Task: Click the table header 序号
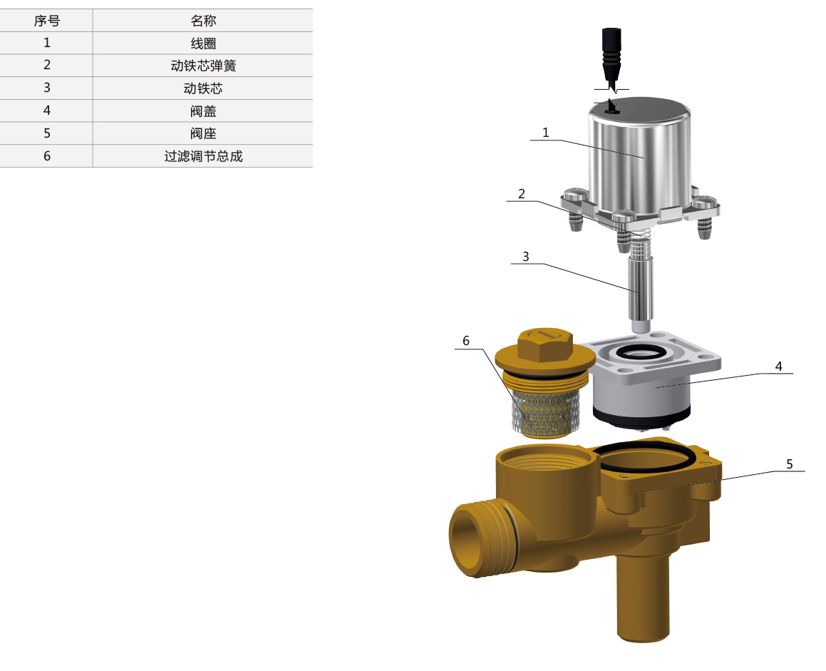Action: tap(47, 21)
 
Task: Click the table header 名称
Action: tap(203, 21)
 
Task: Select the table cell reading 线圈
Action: tap(203, 43)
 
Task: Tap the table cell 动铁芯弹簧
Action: tap(203, 66)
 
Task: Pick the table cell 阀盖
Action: tap(203, 111)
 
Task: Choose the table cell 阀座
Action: tap(203, 133)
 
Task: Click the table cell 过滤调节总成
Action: tap(203, 156)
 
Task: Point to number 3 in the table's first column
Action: tap(47, 88)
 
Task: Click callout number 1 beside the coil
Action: tap(546, 133)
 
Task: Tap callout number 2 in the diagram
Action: tap(522, 194)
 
